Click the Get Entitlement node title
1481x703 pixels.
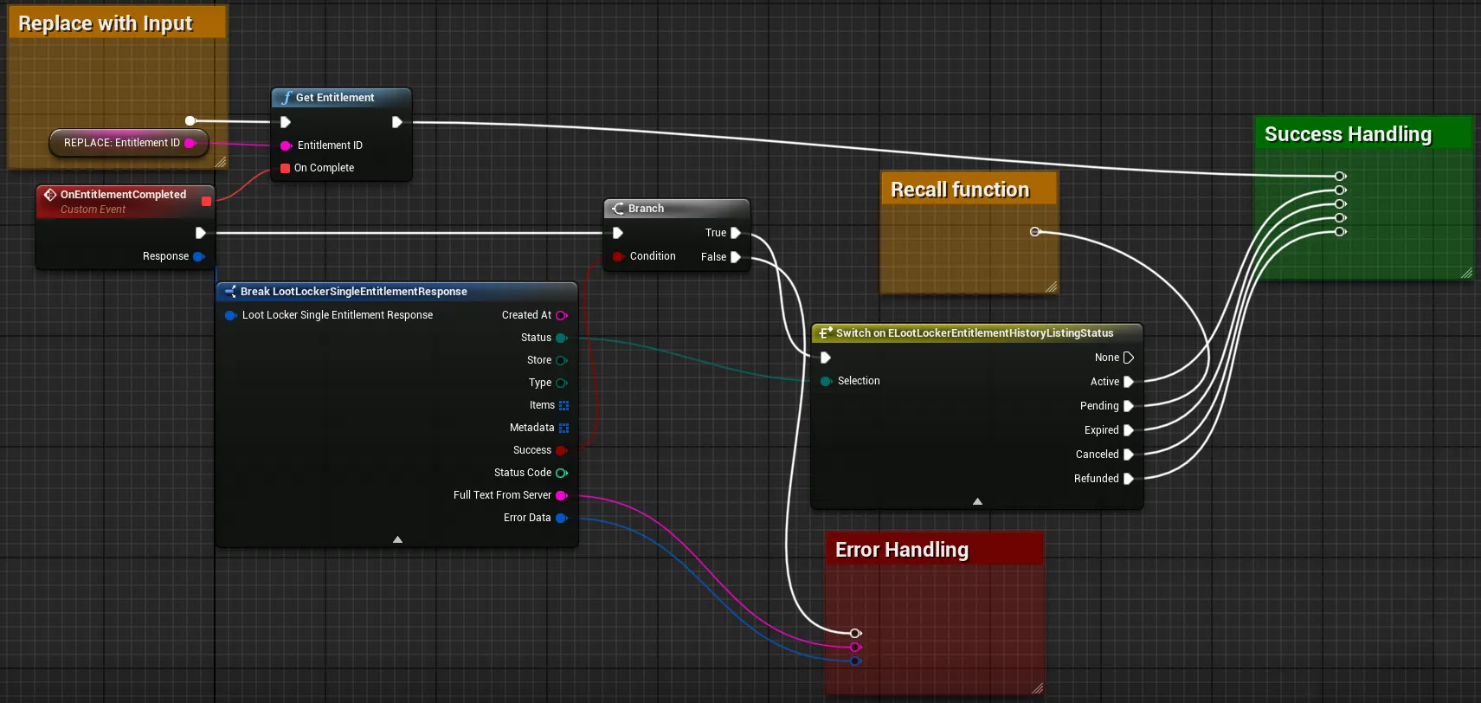click(x=335, y=97)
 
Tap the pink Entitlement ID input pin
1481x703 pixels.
click(x=286, y=145)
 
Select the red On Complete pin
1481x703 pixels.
click(x=285, y=168)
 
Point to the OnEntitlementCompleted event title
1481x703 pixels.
click(x=123, y=195)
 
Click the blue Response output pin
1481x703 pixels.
click(x=198, y=256)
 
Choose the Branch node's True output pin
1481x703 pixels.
click(x=735, y=233)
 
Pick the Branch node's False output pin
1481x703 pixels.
click(x=735, y=256)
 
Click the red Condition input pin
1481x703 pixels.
click(x=618, y=256)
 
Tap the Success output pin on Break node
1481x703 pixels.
click(x=561, y=450)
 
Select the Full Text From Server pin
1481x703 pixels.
click(x=561, y=495)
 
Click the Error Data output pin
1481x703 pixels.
click(x=561, y=518)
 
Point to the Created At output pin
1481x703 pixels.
click(x=561, y=315)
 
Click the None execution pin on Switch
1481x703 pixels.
click(x=1129, y=358)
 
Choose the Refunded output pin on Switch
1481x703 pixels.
click(x=1129, y=479)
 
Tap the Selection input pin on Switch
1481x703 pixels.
click(x=825, y=381)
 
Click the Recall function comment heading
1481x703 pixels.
click(x=960, y=190)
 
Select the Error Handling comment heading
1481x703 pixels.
click(x=902, y=550)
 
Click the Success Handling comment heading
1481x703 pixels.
click(x=1348, y=134)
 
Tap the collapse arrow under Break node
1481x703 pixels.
click(x=397, y=539)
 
